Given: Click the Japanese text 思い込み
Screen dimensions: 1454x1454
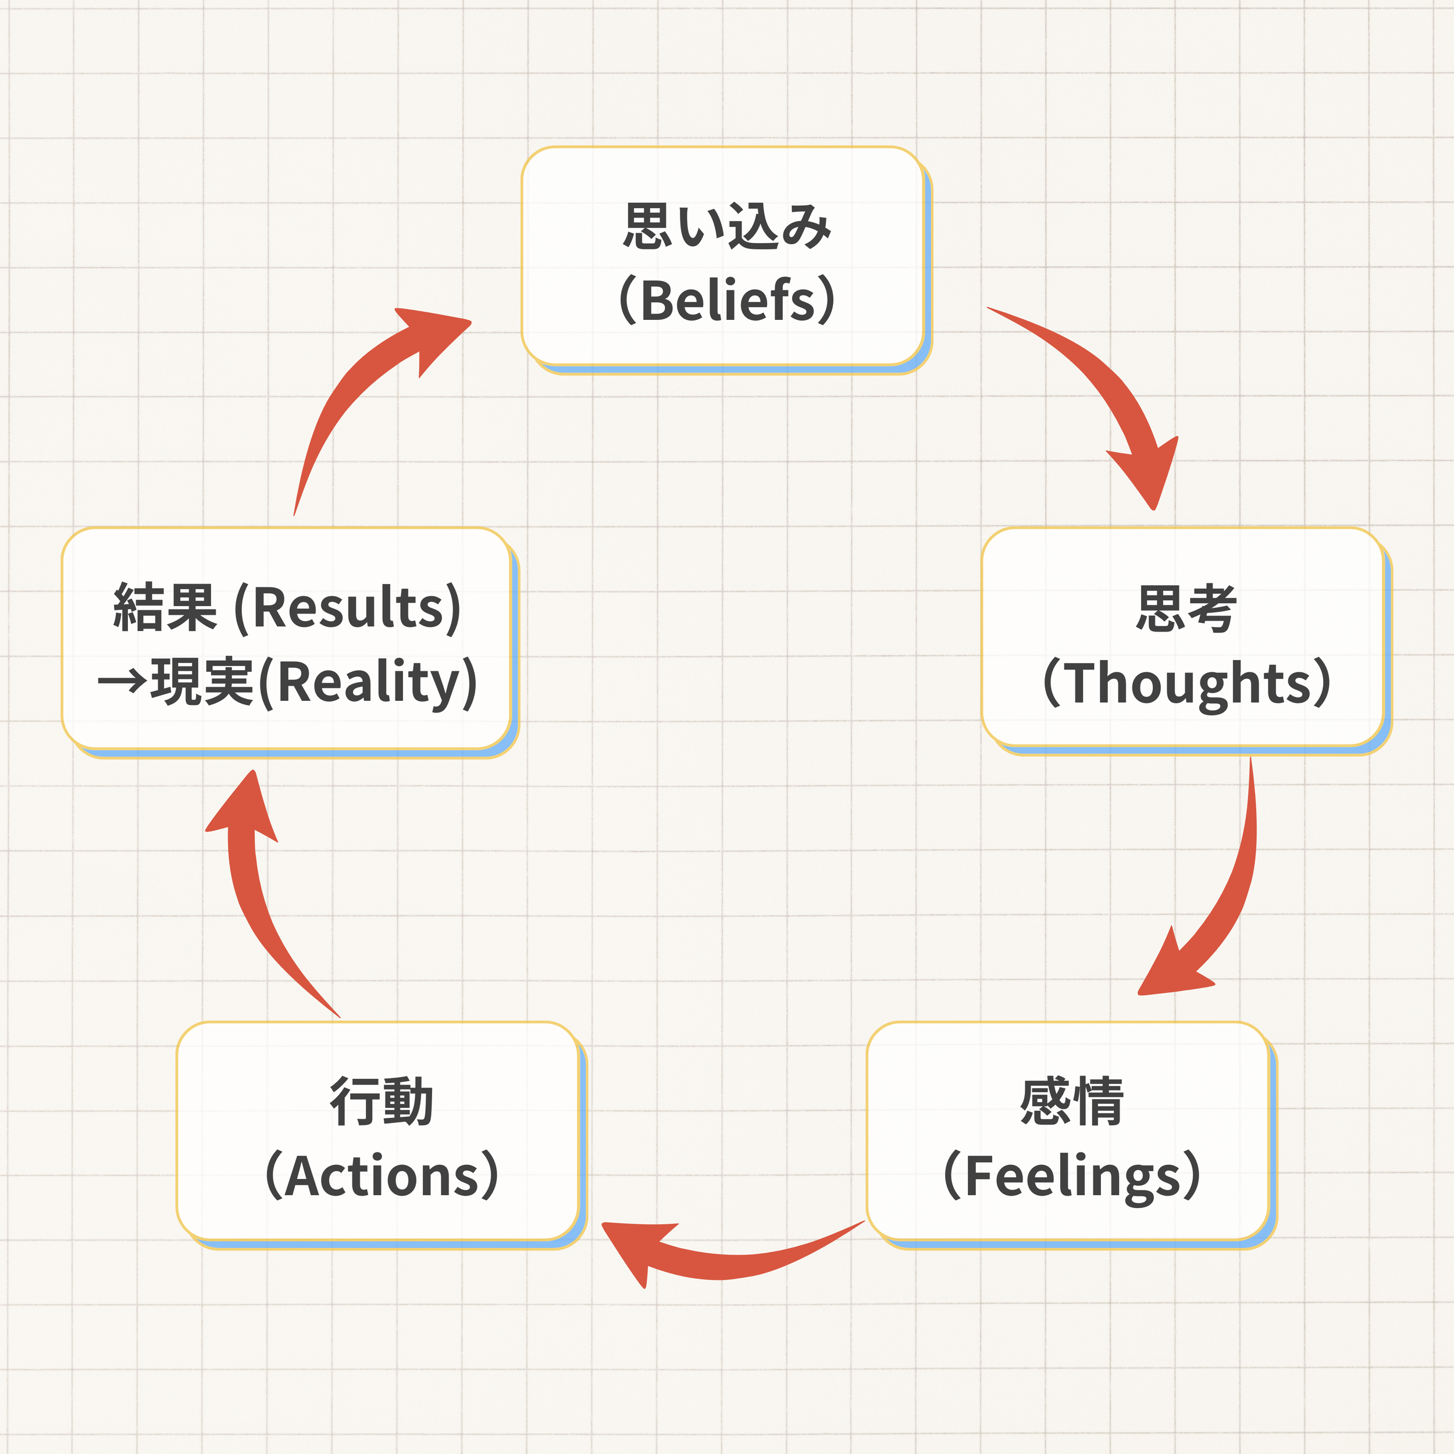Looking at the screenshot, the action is [x=727, y=226].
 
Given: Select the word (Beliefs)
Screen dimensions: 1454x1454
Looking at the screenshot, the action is [x=727, y=300].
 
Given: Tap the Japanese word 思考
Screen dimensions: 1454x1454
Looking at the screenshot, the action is [x=1186, y=608].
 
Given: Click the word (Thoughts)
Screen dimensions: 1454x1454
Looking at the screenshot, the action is [x=1186, y=683].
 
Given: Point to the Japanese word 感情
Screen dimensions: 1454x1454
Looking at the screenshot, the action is [x=1072, y=1101].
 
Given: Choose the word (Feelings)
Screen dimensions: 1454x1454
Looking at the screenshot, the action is [x=1072, y=1175].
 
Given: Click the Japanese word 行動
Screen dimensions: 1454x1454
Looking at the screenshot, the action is [x=382, y=1101].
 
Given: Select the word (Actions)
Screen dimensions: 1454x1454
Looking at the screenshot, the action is [x=382, y=1175].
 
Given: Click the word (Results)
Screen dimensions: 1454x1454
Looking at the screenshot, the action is [x=348, y=608].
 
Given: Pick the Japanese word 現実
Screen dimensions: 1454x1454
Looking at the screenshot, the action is [x=202, y=681].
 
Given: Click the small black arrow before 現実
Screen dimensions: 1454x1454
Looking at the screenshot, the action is [x=123, y=682].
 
